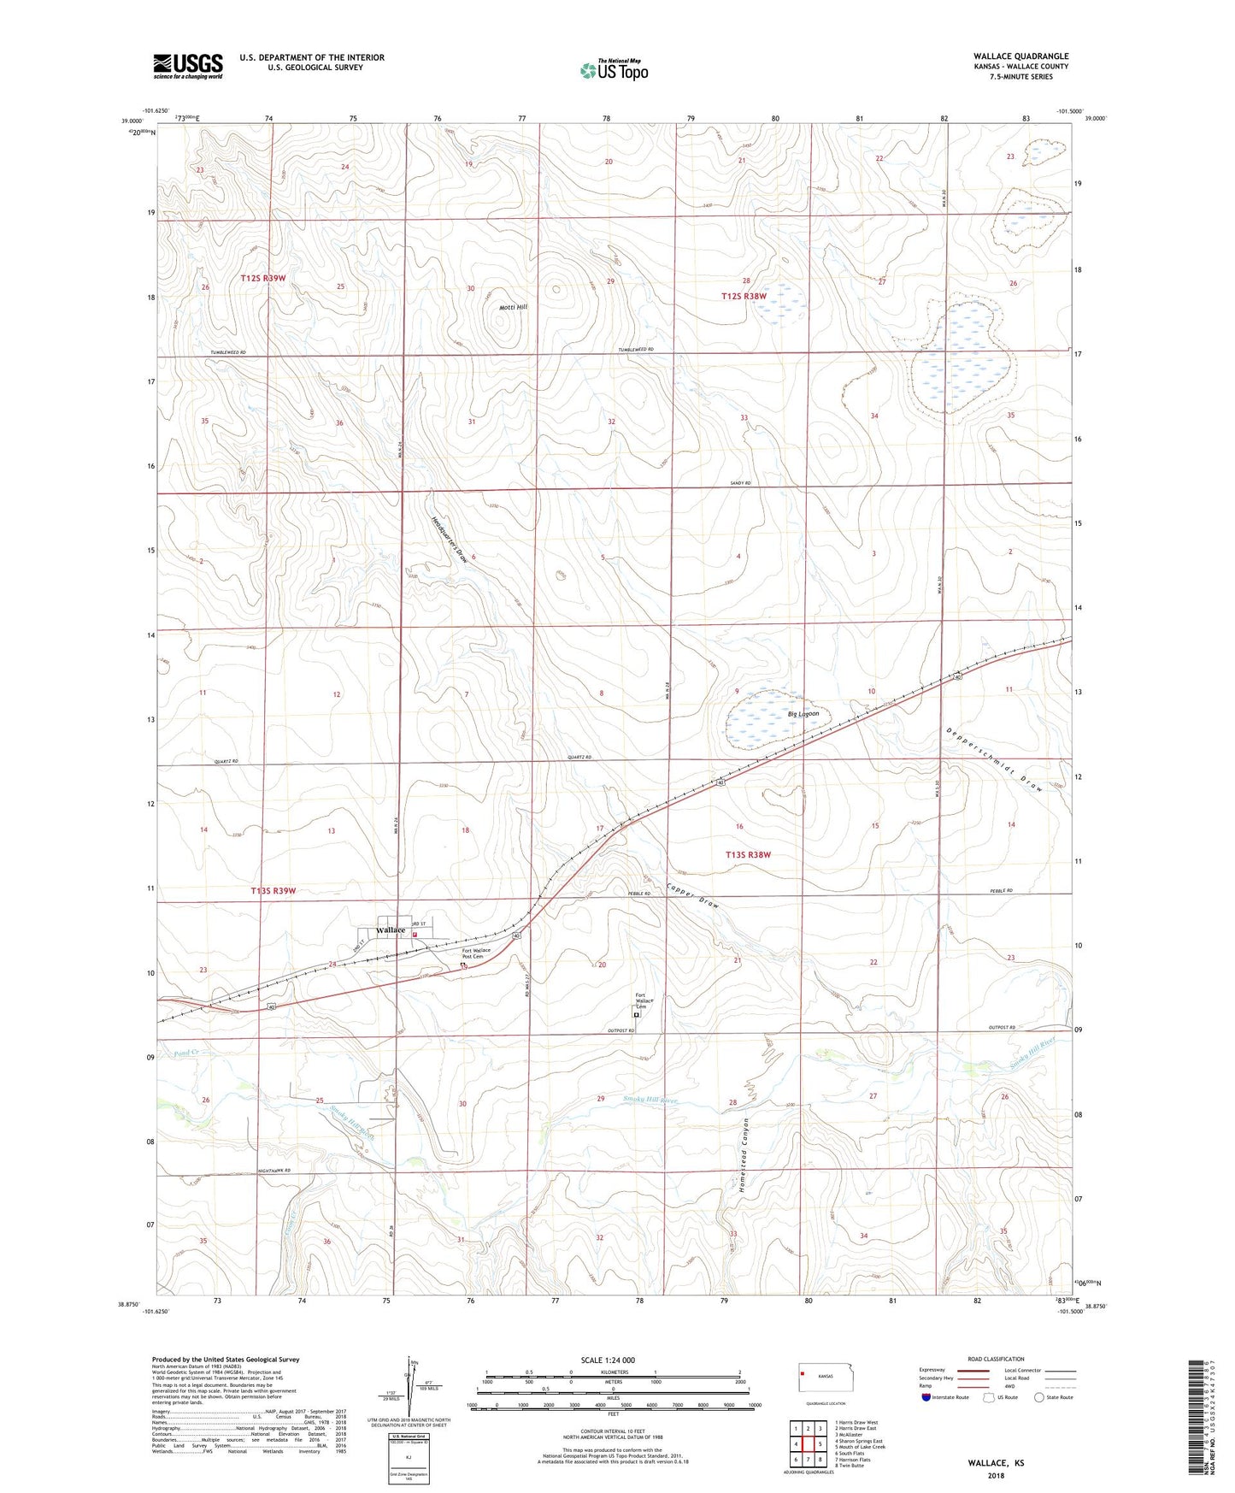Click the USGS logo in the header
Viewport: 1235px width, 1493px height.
[x=188, y=66]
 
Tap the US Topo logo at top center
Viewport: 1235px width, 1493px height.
[x=614, y=70]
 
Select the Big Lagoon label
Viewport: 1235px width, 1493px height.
[x=803, y=713]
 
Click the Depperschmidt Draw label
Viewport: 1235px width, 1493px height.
[x=995, y=759]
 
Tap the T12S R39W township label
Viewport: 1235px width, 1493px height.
[x=263, y=279]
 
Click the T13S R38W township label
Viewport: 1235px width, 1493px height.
[x=748, y=854]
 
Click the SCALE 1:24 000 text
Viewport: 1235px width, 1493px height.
[x=608, y=1360]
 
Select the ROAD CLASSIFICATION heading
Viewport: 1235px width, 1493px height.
[x=996, y=1359]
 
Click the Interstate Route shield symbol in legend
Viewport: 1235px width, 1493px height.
[x=926, y=1397]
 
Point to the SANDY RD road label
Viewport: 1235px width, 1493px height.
[x=740, y=484]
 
